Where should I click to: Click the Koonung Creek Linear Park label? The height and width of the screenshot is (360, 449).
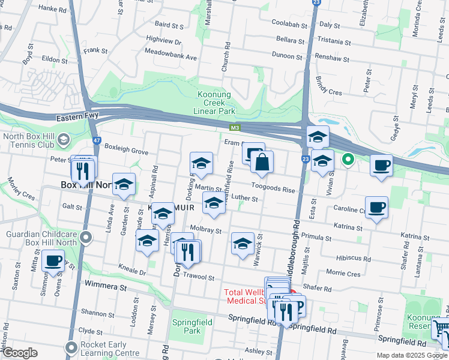[216, 102]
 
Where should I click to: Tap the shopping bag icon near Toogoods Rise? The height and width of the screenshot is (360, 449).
[262, 162]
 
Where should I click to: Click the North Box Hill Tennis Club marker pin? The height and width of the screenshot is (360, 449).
[62, 140]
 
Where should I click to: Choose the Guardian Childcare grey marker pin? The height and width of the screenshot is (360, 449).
[86, 238]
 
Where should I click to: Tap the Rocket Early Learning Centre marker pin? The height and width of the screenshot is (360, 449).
[72, 346]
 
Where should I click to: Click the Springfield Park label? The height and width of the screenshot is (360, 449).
[185, 326]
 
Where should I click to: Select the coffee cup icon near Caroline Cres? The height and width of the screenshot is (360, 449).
[376, 208]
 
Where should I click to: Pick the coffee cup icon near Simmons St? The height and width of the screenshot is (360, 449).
[53, 261]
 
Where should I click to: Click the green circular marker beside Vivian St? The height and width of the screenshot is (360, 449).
[347, 160]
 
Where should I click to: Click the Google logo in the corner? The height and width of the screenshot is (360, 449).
[20, 353]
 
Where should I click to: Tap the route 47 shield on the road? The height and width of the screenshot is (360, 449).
[96, 140]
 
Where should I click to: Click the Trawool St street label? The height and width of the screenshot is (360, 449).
[199, 277]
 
